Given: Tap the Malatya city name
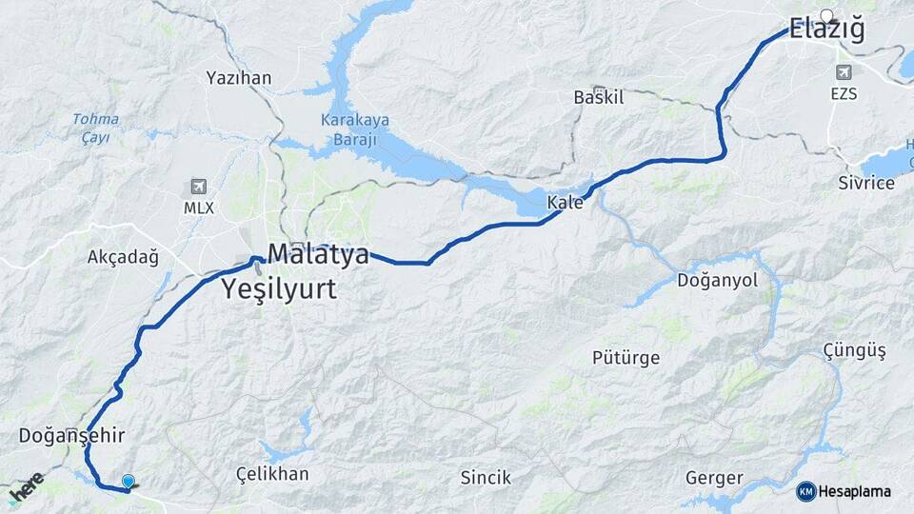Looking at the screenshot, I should tap(317, 255).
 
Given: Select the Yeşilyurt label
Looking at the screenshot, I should tap(279, 289).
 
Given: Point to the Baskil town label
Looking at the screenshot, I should tap(598, 97).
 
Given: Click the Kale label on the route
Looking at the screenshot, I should tap(564, 202).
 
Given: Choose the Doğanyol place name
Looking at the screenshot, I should tap(717, 281).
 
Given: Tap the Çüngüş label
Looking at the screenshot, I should tap(854, 351).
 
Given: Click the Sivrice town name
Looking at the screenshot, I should tap(866, 183).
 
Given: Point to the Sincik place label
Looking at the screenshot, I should tap(486, 477).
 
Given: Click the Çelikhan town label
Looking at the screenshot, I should tap(272, 473).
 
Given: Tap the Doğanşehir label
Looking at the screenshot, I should tap(72, 435).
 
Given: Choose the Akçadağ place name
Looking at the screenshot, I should tap(123, 257).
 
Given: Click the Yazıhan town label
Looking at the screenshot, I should tap(239, 78).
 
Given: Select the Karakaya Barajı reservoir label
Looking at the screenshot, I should tap(348, 130).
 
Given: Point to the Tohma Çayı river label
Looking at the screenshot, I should tap(95, 128).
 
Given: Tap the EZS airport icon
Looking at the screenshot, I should tap(844, 73).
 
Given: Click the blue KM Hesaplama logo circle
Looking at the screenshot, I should tap(806, 491).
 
